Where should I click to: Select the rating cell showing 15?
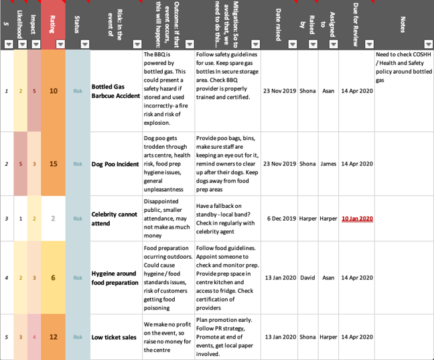pos(53,164)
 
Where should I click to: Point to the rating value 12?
pos(53,337)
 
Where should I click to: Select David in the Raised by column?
pos(307,278)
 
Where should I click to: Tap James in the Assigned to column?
pos(328,164)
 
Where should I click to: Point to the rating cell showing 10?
pos(53,91)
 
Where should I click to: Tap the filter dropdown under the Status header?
pos(84,44)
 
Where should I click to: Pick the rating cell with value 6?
pos(53,278)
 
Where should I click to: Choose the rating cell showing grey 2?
pos(53,219)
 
